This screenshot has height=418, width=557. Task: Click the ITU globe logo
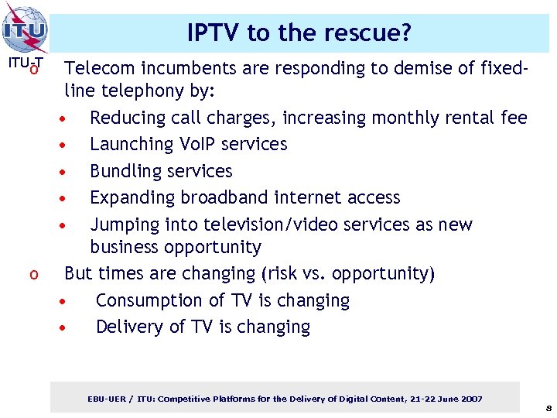[26, 29]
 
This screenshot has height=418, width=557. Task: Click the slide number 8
[548, 406]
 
